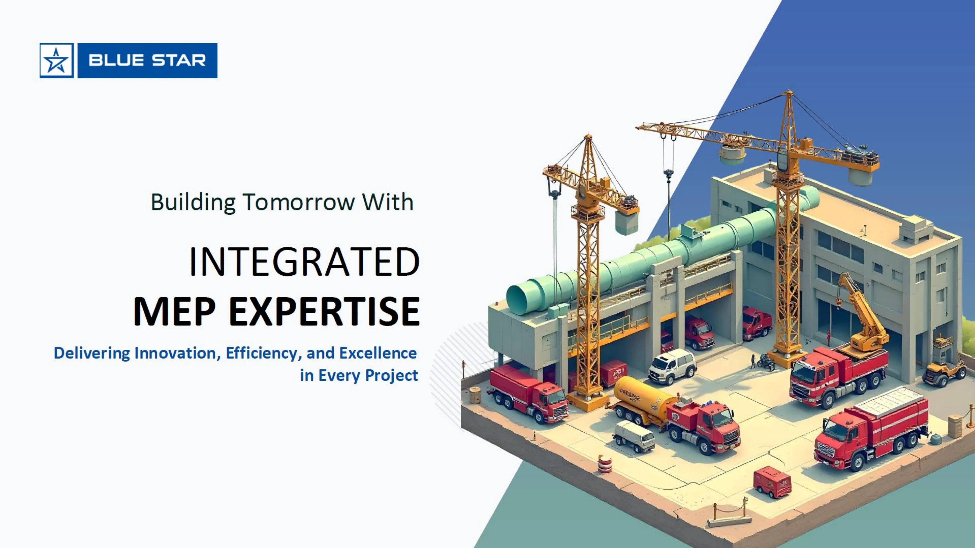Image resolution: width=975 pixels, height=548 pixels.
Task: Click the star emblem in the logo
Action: click(56, 60)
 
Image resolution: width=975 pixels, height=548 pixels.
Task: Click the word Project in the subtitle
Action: click(392, 376)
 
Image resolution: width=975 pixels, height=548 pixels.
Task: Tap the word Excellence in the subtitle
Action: click(378, 353)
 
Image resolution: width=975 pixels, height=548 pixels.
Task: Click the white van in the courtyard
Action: click(672, 366)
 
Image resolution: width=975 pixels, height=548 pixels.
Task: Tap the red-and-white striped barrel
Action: click(604, 464)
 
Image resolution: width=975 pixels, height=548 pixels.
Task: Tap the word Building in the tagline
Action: click(193, 202)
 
